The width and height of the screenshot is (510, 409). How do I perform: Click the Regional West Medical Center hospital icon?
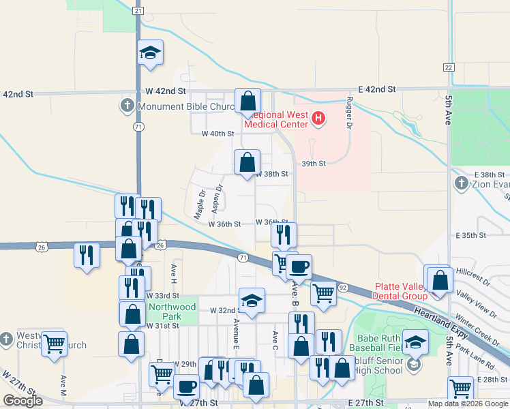[318, 120]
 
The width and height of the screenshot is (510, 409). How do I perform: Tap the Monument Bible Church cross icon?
[127, 106]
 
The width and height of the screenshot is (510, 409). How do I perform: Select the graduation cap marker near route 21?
[150, 52]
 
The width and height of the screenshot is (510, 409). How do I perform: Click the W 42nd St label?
[166, 91]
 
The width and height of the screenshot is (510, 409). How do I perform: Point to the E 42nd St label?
[377, 89]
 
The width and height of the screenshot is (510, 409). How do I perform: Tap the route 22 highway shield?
[448, 67]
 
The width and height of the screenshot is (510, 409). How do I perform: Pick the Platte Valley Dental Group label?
[400, 291]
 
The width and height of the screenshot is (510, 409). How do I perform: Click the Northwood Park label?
[172, 312]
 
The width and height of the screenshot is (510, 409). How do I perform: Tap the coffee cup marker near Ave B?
[299, 266]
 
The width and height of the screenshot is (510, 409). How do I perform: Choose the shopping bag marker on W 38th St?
[247, 162]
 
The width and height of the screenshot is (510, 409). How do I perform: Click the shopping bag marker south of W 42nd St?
[248, 101]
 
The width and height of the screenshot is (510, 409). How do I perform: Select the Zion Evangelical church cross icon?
[461, 183]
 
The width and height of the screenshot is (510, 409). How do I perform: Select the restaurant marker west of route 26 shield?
[87, 255]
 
